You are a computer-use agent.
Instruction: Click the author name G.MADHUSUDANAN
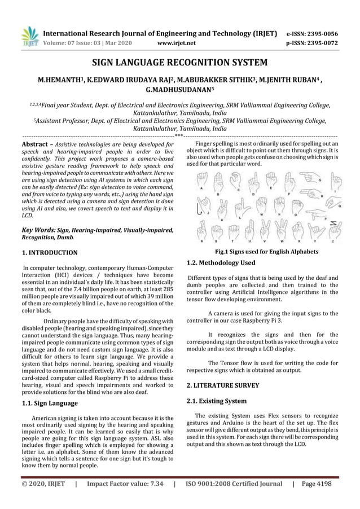pos(178,89)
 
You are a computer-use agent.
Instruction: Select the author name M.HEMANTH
pos(58,80)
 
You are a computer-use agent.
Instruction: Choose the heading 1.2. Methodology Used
pos(221,262)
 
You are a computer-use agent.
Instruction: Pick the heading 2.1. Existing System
pos(216,401)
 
